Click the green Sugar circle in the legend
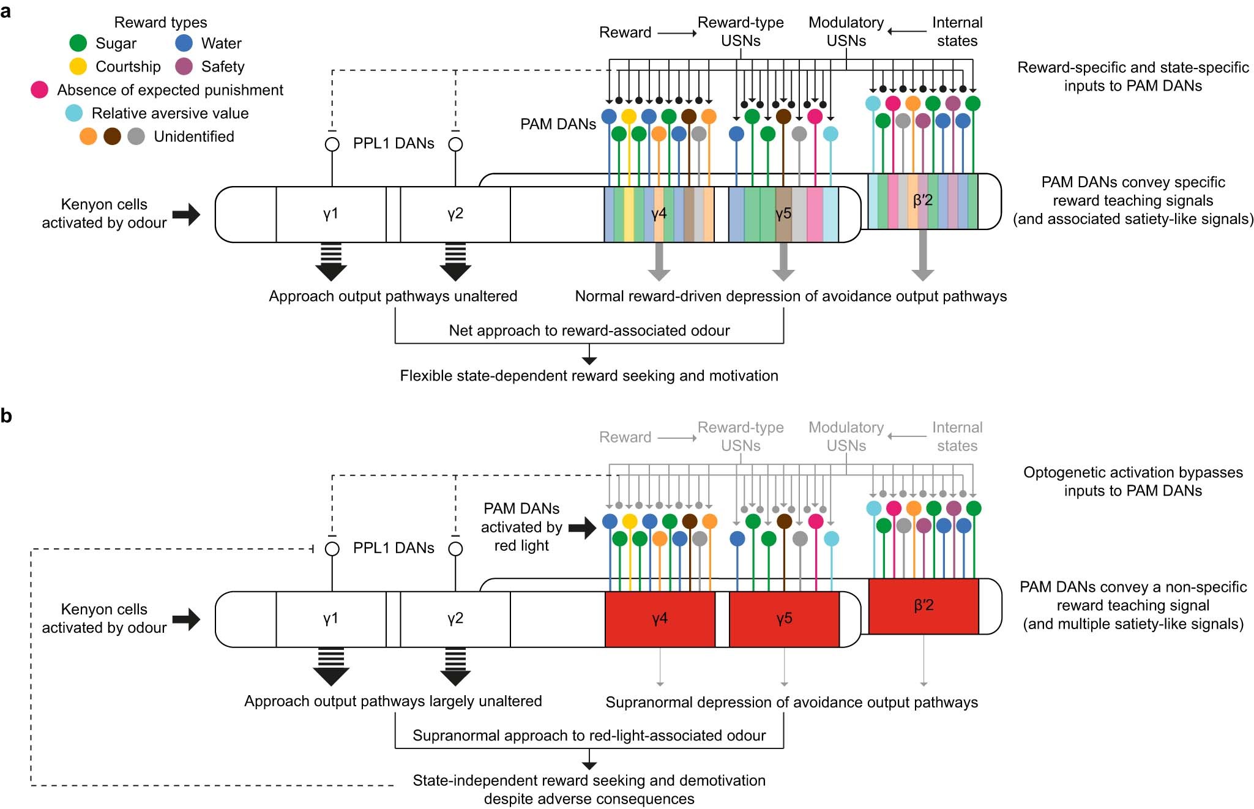pyautogui.click(x=78, y=43)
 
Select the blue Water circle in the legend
pyautogui.click(x=184, y=43)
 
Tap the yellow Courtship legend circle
pyautogui.click(x=78, y=66)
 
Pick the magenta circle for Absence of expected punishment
pyautogui.click(x=40, y=90)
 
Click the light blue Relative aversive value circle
pyautogui.click(x=74, y=113)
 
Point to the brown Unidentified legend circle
pyautogui.click(x=112, y=136)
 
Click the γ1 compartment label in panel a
pyautogui.click(x=330, y=214)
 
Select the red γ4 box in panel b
pyautogui.click(x=660, y=619)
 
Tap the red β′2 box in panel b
pyautogui.click(x=924, y=606)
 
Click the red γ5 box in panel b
pyautogui.click(x=784, y=619)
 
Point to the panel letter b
pyautogui.click(x=7, y=416)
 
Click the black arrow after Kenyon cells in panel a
pyautogui.click(x=186, y=214)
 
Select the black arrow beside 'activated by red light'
pyautogui.click(x=582, y=528)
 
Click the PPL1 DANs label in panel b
pyautogui.click(x=394, y=548)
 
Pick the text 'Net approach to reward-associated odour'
pyautogui.click(x=589, y=331)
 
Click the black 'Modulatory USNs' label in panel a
pyautogui.click(x=846, y=32)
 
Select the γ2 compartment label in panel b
pyautogui.click(x=455, y=619)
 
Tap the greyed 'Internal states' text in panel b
pyautogui.click(x=957, y=436)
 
